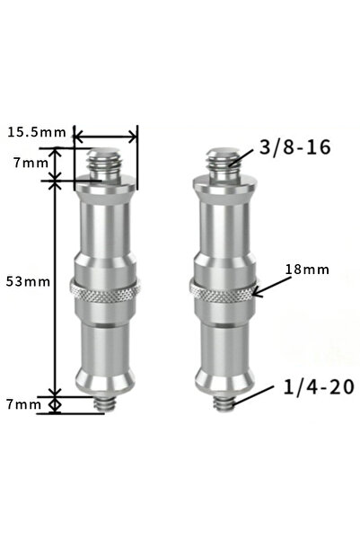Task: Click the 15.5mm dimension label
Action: pyautogui.click(x=36, y=133)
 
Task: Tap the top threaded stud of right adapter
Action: pyautogui.click(x=222, y=162)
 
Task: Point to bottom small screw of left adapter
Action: pyautogui.click(x=106, y=404)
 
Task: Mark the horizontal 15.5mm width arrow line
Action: pyautogui.click(x=105, y=137)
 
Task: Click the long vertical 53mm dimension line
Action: pyautogui.click(x=56, y=288)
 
